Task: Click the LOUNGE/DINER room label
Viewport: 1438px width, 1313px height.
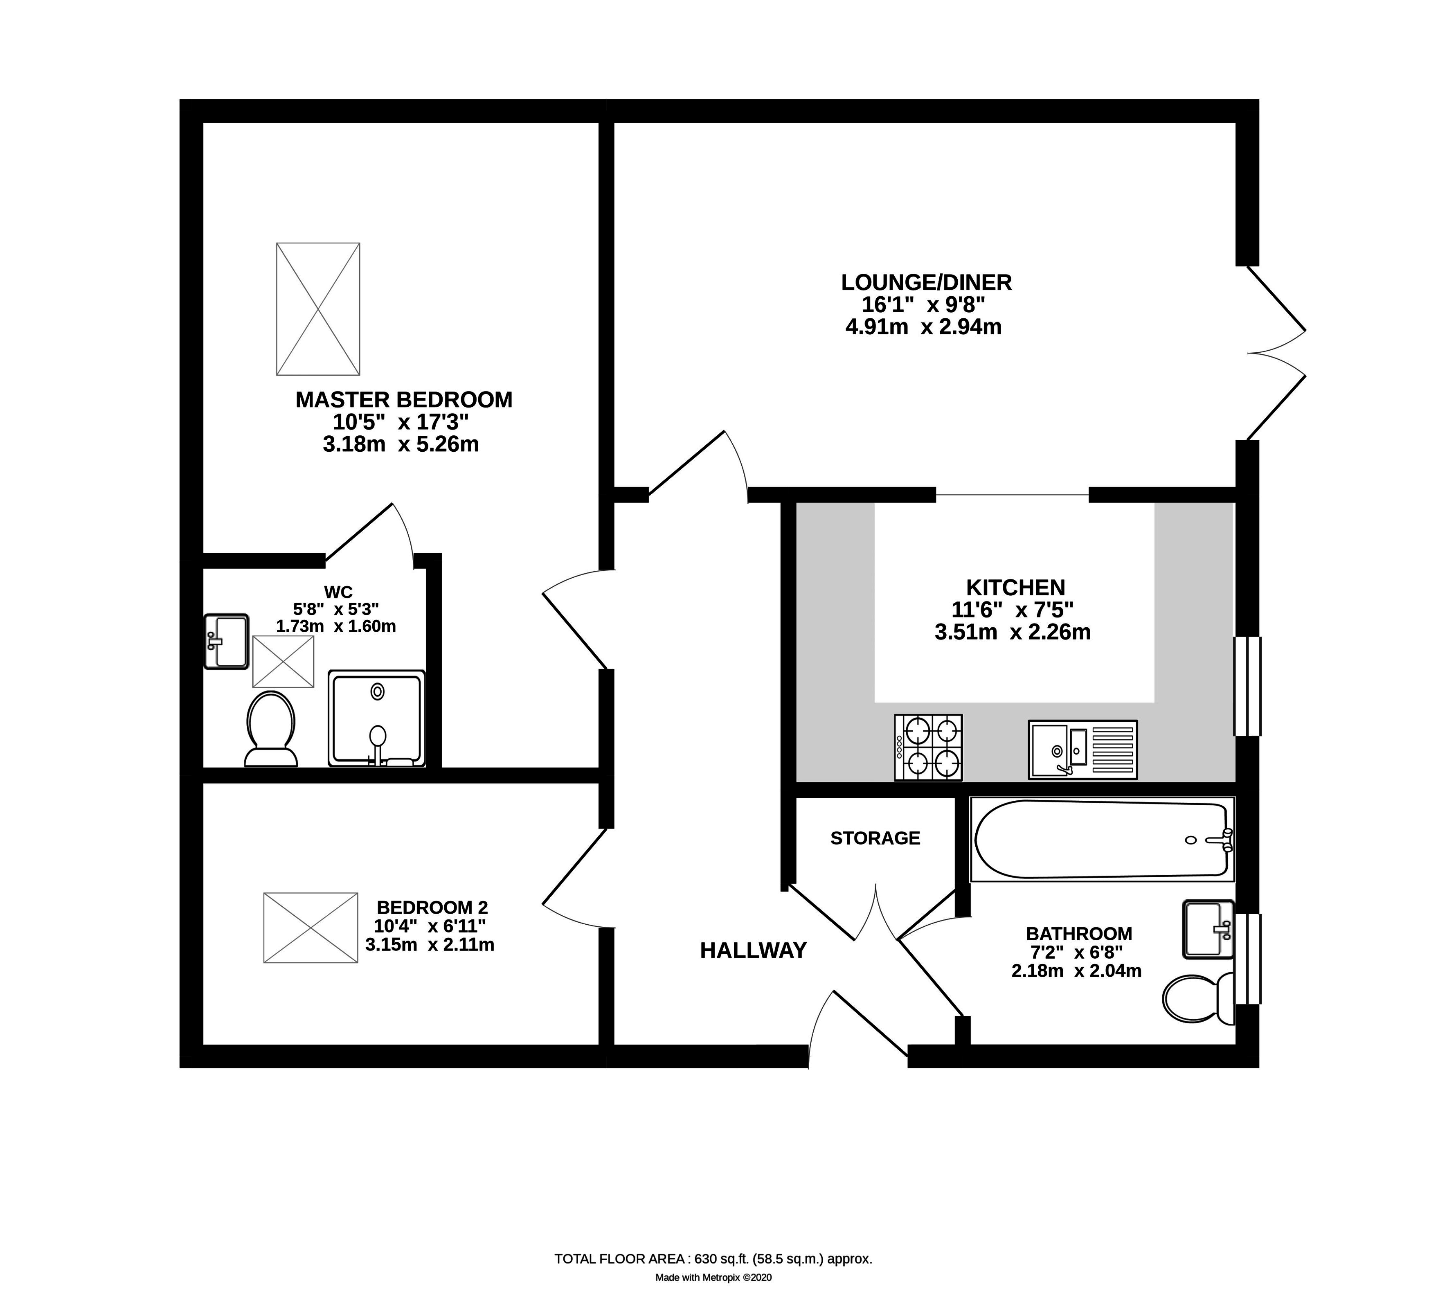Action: pyautogui.click(x=926, y=283)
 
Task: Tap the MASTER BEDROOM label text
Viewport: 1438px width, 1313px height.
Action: pyautogui.click(x=404, y=400)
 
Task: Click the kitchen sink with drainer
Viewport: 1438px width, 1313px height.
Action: pyautogui.click(x=1082, y=749)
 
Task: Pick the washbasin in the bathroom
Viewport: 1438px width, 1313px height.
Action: pyautogui.click(x=1208, y=929)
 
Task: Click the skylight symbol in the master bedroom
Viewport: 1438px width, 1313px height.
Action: pyautogui.click(x=318, y=309)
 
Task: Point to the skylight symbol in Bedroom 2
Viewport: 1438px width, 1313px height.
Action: pyautogui.click(x=310, y=928)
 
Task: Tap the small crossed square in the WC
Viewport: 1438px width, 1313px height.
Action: pyautogui.click(x=283, y=662)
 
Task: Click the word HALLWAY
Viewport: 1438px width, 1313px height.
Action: pyautogui.click(x=753, y=950)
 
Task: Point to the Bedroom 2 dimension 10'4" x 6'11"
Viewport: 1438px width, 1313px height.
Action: pyautogui.click(x=430, y=926)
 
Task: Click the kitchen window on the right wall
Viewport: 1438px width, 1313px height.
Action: pyautogui.click(x=1247, y=687)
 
